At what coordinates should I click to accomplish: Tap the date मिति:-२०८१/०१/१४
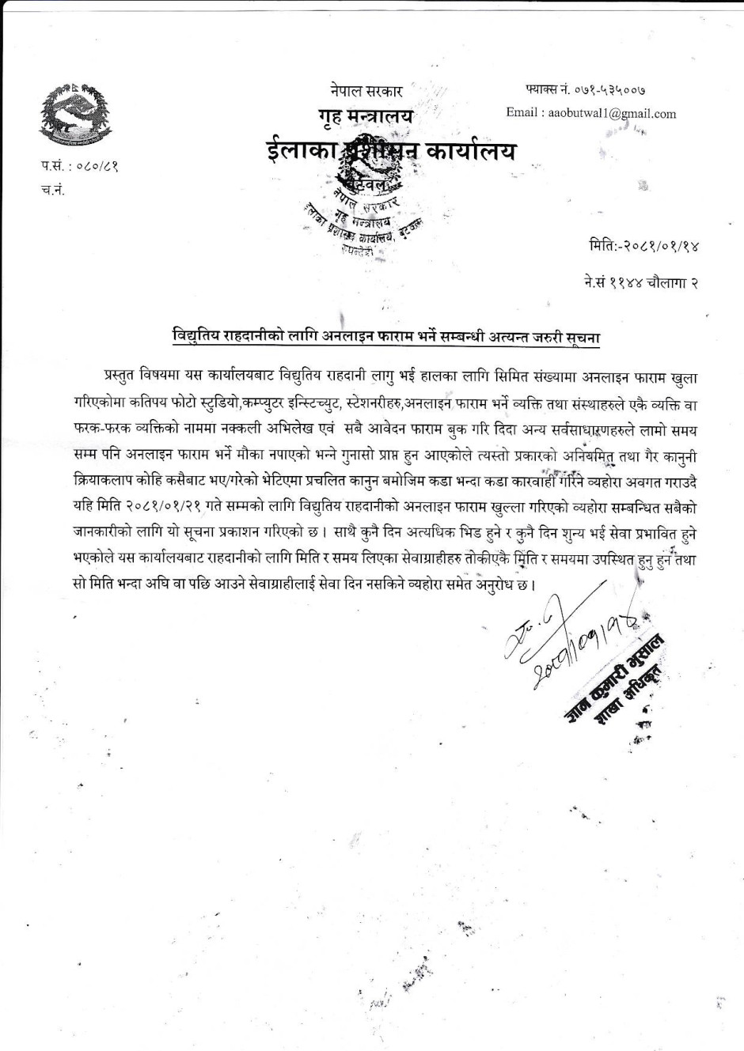643,246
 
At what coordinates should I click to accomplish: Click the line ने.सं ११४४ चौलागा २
636,282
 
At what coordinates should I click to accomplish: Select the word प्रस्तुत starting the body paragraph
126,372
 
